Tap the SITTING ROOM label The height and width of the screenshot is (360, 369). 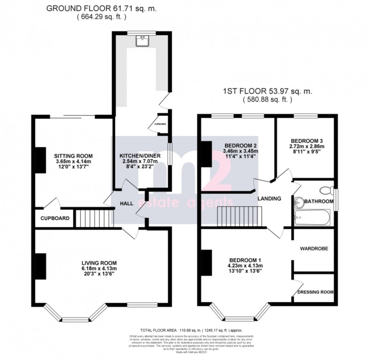coord(73,156)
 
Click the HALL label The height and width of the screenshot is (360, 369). coord(126,203)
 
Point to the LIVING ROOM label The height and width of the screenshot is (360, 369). coord(99,262)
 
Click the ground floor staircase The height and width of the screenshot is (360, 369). coord(94,218)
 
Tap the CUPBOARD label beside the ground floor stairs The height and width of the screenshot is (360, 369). coord(55,218)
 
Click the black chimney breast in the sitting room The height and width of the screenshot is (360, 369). coord(40,160)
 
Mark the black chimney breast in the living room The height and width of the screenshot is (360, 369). coord(41,266)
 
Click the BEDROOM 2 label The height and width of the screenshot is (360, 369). coord(240,145)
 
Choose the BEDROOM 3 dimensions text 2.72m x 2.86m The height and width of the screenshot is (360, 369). coord(307,146)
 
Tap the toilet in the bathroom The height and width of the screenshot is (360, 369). coord(327,190)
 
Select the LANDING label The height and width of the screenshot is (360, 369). coord(270,199)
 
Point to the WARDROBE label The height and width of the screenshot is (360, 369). coord(314,249)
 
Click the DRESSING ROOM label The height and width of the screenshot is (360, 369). coord(315,292)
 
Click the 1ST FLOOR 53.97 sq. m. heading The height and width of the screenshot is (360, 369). coord(267,92)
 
